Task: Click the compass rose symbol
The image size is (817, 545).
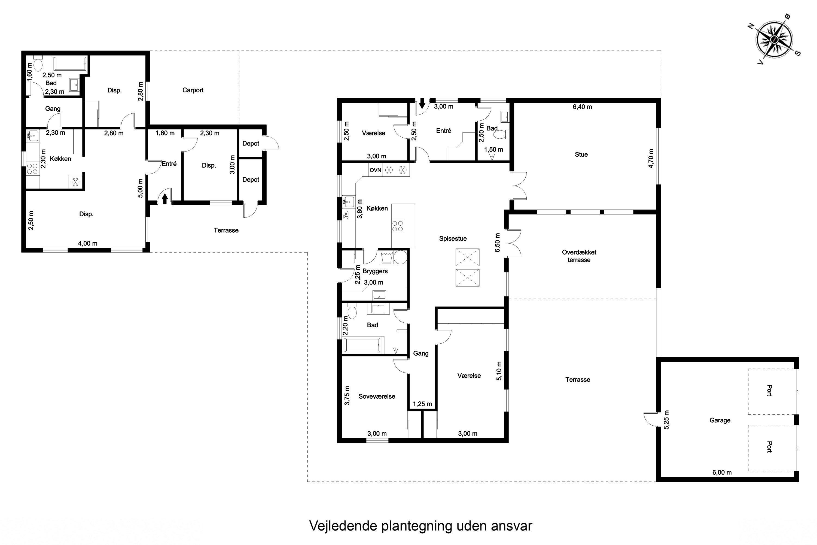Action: coord(774,39)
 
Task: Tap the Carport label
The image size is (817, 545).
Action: coord(193,90)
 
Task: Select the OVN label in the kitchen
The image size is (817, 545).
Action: coord(375,170)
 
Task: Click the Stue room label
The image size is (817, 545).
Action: coord(581,154)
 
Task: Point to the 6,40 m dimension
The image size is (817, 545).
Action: coord(582,107)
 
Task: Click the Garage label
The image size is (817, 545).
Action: coord(720,420)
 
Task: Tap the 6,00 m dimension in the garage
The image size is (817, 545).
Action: coord(722,472)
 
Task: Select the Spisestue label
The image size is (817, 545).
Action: coord(453,238)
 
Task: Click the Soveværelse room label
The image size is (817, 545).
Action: coord(377,396)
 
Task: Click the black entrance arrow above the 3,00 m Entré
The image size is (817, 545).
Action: coord(422,103)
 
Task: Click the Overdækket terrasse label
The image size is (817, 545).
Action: coord(579,256)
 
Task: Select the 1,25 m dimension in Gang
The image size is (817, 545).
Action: coord(422,404)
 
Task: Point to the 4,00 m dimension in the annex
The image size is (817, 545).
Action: coord(87,243)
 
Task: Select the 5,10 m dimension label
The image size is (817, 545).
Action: coord(499,371)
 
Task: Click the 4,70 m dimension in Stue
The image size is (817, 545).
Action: coord(651,159)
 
